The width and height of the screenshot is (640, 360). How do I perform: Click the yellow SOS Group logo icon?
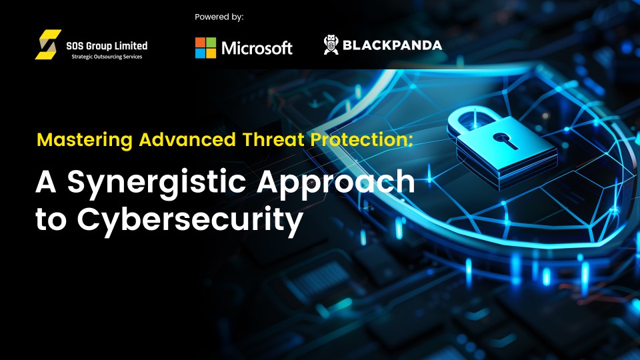(x=48, y=45)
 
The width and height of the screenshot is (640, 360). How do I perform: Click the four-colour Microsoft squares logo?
(x=205, y=48)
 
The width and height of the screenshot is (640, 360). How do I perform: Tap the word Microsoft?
(x=257, y=48)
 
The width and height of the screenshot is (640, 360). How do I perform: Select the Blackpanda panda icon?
(x=331, y=45)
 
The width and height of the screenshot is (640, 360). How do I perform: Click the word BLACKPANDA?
(x=392, y=45)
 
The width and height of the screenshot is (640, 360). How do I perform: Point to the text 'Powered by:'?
(x=219, y=17)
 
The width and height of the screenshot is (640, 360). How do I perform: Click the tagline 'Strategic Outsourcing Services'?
(x=107, y=57)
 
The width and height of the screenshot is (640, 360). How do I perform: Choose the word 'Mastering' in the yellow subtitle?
(x=85, y=140)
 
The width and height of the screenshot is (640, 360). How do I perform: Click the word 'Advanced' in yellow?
(x=187, y=139)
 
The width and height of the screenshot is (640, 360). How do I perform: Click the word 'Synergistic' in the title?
(x=157, y=183)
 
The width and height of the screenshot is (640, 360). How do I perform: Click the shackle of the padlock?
(x=473, y=119)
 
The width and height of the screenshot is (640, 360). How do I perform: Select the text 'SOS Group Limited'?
(x=107, y=46)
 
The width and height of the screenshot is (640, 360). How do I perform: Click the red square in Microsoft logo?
(x=200, y=43)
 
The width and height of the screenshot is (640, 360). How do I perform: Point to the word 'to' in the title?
(x=51, y=219)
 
